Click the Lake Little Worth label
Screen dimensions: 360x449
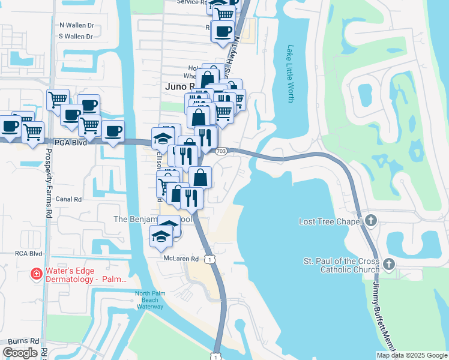[291, 73]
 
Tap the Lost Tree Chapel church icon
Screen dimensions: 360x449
[370, 221]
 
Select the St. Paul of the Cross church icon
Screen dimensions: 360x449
[388, 263]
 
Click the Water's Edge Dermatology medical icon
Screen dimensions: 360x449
[37, 274]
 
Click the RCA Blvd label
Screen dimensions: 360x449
[28, 254]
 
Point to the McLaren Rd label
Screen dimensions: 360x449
[181, 259]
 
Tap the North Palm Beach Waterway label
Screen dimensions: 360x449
[149, 300]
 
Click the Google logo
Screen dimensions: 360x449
[20, 353]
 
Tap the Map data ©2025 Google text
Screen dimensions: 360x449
[411, 355]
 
